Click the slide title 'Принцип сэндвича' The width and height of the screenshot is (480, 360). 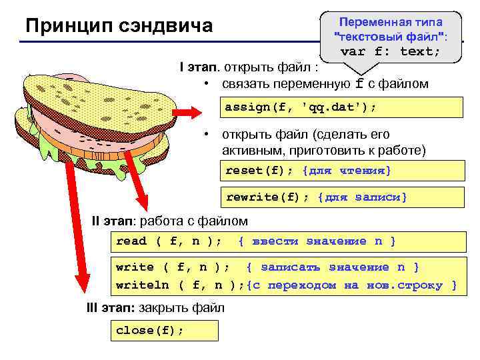[x=119, y=26]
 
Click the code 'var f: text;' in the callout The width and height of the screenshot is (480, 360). [x=390, y=51]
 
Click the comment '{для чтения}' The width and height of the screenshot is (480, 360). [x=347, y=171]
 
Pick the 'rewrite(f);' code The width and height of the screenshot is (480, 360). [x=268, y=197]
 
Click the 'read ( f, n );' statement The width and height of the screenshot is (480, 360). [x=169, y=241]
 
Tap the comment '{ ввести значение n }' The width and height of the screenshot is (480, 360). [x=317, y=241]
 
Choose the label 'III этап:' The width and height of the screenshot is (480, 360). [x=111, y=308]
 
